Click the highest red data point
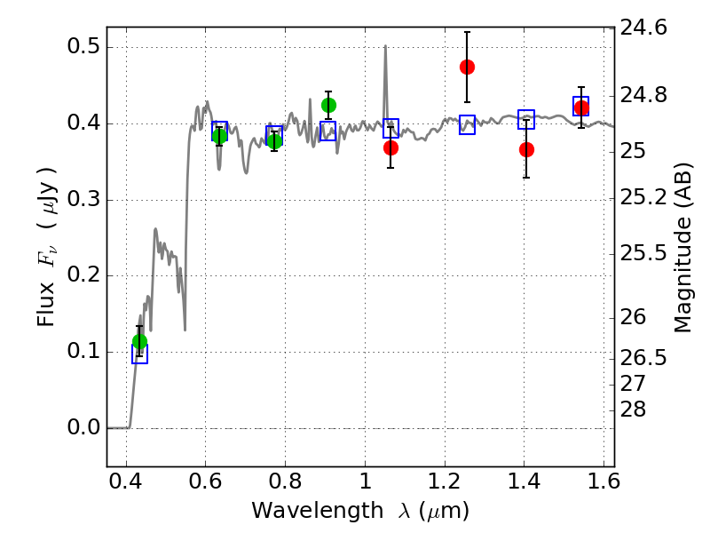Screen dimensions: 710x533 pos(467,68)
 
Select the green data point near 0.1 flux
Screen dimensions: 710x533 pos(139,341)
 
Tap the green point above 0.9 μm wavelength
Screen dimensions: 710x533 pos(328,105)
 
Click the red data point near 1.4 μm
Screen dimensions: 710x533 pos(526,149)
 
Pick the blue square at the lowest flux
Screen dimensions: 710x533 pos(139,354)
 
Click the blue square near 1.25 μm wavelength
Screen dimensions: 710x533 pos(467,124)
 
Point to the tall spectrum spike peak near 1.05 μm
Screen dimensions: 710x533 pos(385,46)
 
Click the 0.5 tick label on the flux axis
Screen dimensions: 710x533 pos(83,46)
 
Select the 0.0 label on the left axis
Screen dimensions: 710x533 pos(83,427)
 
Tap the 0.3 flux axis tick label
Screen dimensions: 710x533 pos(83,198)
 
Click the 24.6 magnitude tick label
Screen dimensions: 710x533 pos(643,28)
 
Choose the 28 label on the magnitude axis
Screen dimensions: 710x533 pos(633,410)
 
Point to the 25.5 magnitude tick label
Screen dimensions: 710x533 pos(643,252)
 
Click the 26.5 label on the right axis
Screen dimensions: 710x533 pos(643,358)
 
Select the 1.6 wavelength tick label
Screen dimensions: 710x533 pos(603,481)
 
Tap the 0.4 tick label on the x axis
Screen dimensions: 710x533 pos(126,481)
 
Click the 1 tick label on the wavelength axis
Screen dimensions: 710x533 pos(366,481)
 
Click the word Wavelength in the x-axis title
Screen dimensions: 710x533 pos(318,511)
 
